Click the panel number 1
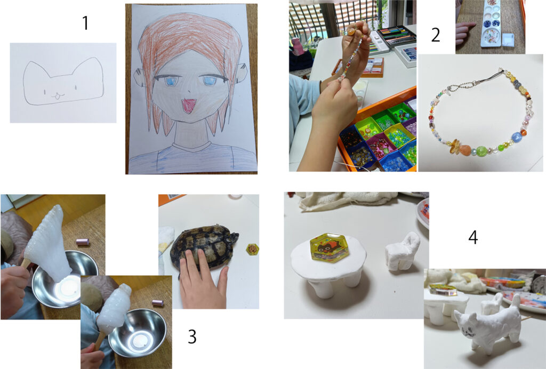pyautogui.click(x=85, y=23)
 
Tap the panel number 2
pyautogui.click(x=436, y=35)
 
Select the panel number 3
pyautogui.click(x=192, y=336)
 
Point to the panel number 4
pyautogui.click(x=473, y=237)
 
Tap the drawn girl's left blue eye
pyautogui.click(x=170, y=81)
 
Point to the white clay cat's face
pyautogui.click(x=467, y=326)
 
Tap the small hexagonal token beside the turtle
pyautogui.click(x=251, y=248)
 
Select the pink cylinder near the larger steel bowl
pyautogui.click(x=83, y=242)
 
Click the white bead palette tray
pyautogui.click(x=491, y=23)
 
